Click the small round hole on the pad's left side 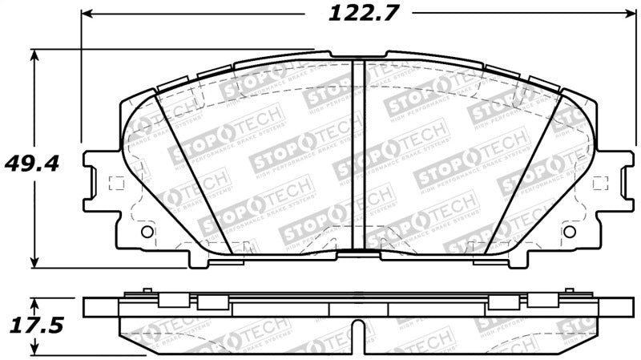(x=147, y=232)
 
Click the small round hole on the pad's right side (x=570, y=232)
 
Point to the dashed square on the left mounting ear (x=115, y=182)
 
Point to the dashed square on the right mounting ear (x=602, y=182)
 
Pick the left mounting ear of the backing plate (x=100, y=182)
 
